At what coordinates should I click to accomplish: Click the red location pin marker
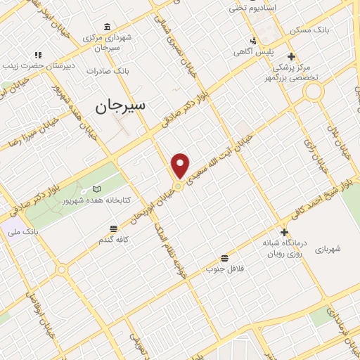click(x=181, y=165)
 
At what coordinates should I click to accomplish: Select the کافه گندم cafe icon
click(x=114, y=228)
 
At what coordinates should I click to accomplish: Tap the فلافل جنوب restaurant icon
click(x=224, y=257)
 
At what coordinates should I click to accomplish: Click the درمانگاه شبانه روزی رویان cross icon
click(x=284, y=233)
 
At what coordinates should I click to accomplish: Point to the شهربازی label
click(x=327, y=249)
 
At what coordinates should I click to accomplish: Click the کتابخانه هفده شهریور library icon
click(x=97, y=189)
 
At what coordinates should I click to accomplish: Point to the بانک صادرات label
click(x=106, y=71)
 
